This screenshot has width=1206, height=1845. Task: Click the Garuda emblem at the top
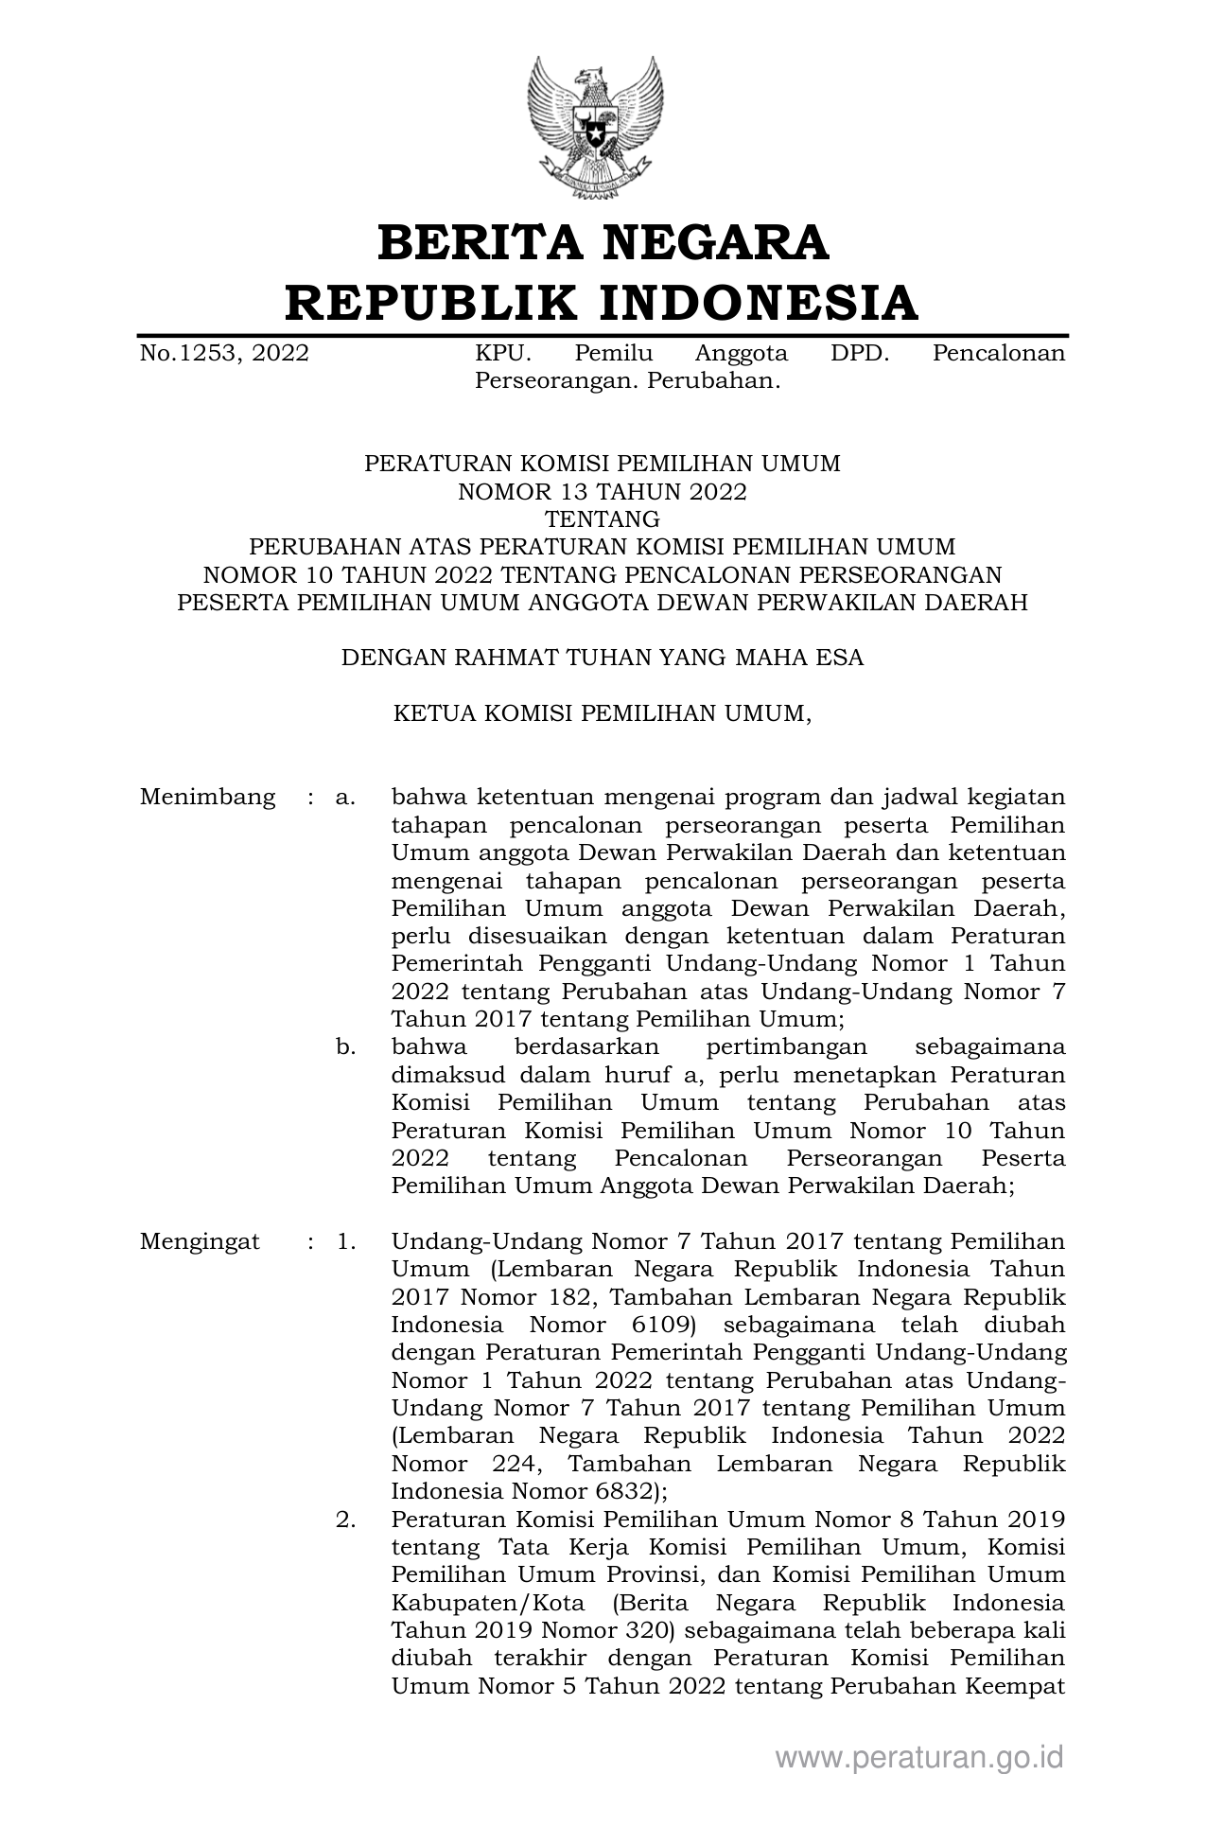[x=595, y=127]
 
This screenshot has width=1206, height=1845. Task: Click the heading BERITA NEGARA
[x=603, y=242]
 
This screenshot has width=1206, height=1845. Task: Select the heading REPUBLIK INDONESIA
[x=603, y=303]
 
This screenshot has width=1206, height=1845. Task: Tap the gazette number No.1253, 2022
[x=224, y=354]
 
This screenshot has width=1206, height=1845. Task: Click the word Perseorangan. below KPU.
[x=548, y=381]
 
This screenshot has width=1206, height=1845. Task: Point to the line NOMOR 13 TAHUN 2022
[x=603, y=492]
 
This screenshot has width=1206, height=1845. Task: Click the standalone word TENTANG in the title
[x=603, y=519]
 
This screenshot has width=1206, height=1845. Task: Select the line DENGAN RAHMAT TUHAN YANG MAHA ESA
[x=603, y=658]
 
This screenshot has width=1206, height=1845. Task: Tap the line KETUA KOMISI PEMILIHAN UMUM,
[x=603, y=713]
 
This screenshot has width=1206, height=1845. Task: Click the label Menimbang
[x=207, y=797]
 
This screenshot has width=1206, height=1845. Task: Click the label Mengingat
[x=200, y=1241]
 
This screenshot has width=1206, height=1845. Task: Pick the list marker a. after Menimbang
[x=345, y=797]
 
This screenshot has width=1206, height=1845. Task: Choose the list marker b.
[x=345, y=1047]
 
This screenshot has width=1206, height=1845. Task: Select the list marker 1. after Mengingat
[x=346, y=1241]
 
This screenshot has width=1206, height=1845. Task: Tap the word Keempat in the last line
[x=1018, y=1686]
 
